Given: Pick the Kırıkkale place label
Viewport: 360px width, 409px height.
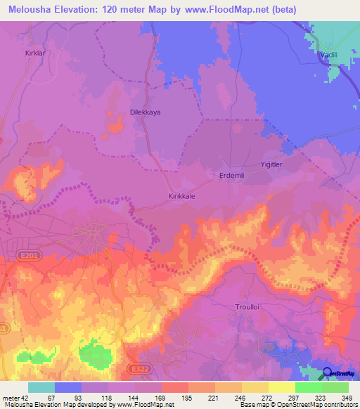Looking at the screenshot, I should (181, 197).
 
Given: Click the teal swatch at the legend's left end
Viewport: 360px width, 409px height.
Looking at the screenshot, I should (41, 387).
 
